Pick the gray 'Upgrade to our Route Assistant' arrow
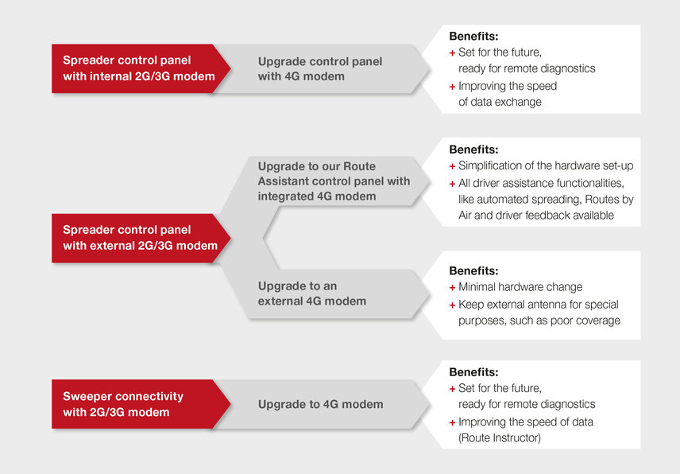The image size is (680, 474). point(334,181)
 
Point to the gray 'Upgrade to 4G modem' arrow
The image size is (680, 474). point(320,404)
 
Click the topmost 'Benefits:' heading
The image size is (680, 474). point(473,37)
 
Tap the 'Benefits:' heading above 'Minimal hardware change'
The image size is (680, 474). point(473,270)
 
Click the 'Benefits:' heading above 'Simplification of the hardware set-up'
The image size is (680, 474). point(473,150)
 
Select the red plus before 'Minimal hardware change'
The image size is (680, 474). point(452,287)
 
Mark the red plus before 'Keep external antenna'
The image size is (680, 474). point(452,305)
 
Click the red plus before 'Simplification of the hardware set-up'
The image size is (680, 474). point(452,166)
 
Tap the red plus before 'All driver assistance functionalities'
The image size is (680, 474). point(452,184)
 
